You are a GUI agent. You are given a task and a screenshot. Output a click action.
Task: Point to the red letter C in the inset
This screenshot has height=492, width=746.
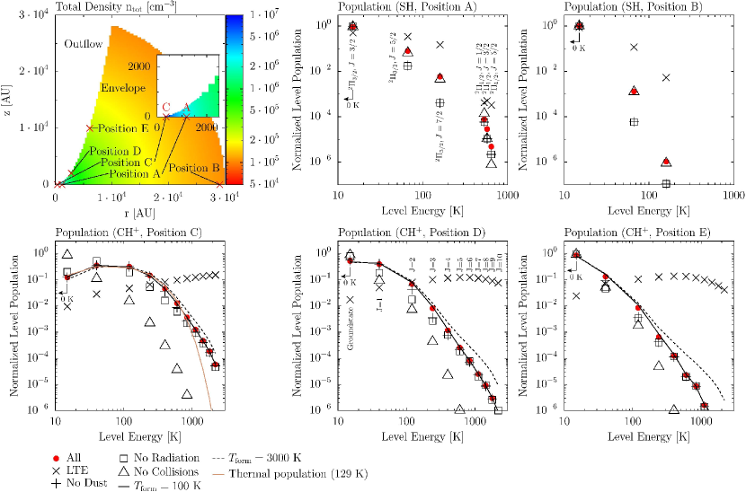[166, 107]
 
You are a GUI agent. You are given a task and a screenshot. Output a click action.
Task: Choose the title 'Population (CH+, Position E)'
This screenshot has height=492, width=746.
[641, 233]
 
